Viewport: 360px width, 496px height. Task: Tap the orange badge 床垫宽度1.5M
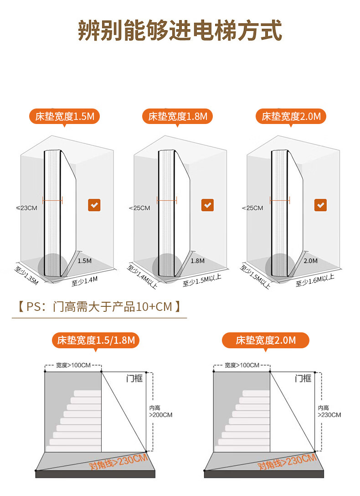point(64,116)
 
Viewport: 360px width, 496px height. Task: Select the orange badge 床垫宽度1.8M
point(177,116)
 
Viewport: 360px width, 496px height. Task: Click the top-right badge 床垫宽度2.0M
point(291,116)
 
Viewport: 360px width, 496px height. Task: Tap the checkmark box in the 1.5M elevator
point(94,205)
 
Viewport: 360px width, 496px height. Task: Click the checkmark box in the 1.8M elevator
point(207,205)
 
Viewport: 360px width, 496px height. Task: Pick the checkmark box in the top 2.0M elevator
point(320,205)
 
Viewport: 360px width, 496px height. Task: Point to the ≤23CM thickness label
point(26,208)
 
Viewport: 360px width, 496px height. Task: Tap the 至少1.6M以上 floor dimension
point(315,279)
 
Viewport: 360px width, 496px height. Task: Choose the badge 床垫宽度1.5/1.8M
point(96,340)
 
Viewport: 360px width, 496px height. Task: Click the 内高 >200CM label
point(161,412)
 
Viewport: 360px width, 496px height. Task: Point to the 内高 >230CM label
point(329,412)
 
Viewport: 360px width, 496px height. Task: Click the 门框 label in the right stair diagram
point(303,378)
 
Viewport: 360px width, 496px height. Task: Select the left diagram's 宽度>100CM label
point(73,365)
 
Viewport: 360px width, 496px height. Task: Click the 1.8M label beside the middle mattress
point(197,261)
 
